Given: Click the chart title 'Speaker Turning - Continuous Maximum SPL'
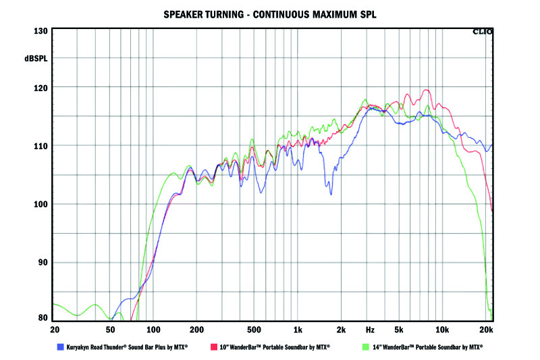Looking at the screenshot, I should (270, 14).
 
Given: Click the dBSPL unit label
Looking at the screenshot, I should (36, 59).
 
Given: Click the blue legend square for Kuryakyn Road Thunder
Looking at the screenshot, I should (61, 346).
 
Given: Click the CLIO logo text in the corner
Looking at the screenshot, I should (483, 31).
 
